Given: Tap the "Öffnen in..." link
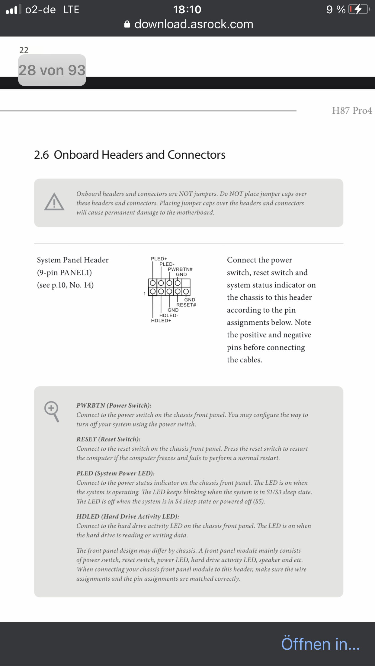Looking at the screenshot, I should [x=320, y=644].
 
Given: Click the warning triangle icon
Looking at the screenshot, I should [x=54, y=202].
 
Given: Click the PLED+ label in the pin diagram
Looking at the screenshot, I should [x=159, y=259].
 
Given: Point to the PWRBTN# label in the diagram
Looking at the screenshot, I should [x=180, y=269].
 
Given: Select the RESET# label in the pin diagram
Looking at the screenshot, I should [x=186, y=305].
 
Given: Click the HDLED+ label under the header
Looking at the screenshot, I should [x=161, y=321].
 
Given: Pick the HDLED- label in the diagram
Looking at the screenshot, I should [x=168, y=316].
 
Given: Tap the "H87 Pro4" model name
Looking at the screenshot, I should [x=352, y=111].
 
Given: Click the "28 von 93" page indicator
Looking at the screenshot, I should [x=52, y=70].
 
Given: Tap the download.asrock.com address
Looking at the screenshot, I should [x=194, y=24].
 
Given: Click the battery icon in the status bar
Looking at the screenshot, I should [x=359, y=9].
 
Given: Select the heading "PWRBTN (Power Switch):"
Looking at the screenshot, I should [x=114, y=405].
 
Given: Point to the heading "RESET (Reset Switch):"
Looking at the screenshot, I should [x=108, y=439].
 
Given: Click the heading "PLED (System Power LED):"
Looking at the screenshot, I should [x=115, y=473].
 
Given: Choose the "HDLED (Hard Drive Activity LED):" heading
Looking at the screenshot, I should [x=127, y=516].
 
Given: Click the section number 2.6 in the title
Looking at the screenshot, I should [x=41, y=155].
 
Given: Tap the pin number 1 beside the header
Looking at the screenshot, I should [x=145, y=294].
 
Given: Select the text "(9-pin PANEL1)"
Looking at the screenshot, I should [x=64, y=273].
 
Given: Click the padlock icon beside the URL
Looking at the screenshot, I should [x=127, y=24].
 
